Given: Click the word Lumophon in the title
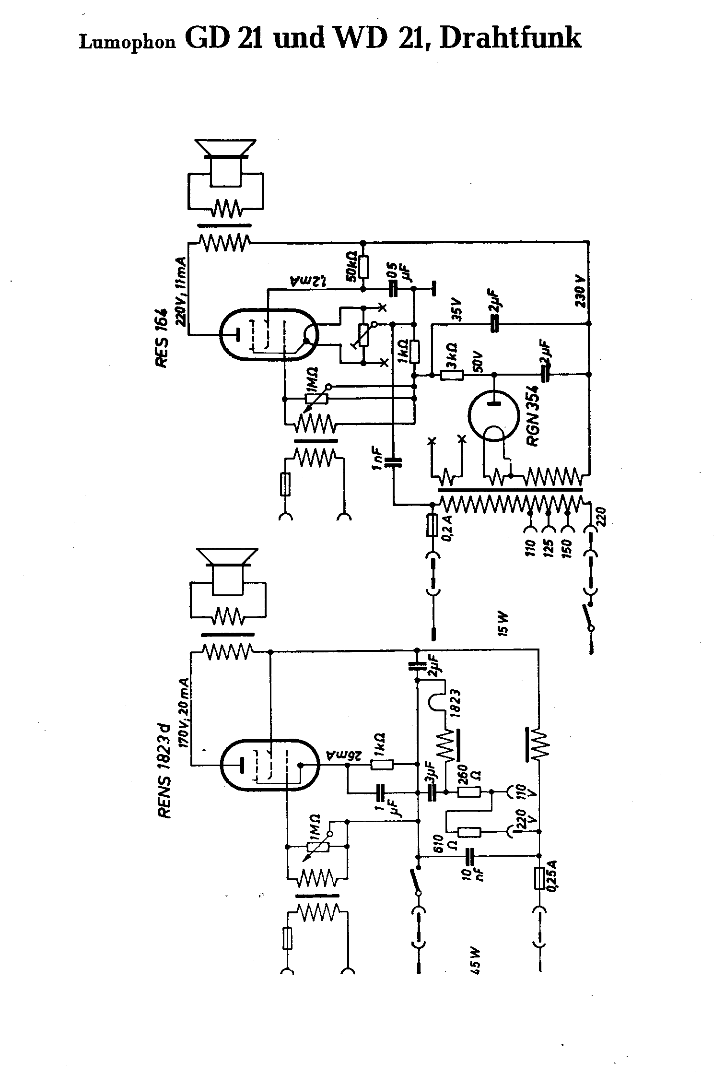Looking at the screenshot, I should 128,43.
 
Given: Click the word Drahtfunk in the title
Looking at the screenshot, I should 511,38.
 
